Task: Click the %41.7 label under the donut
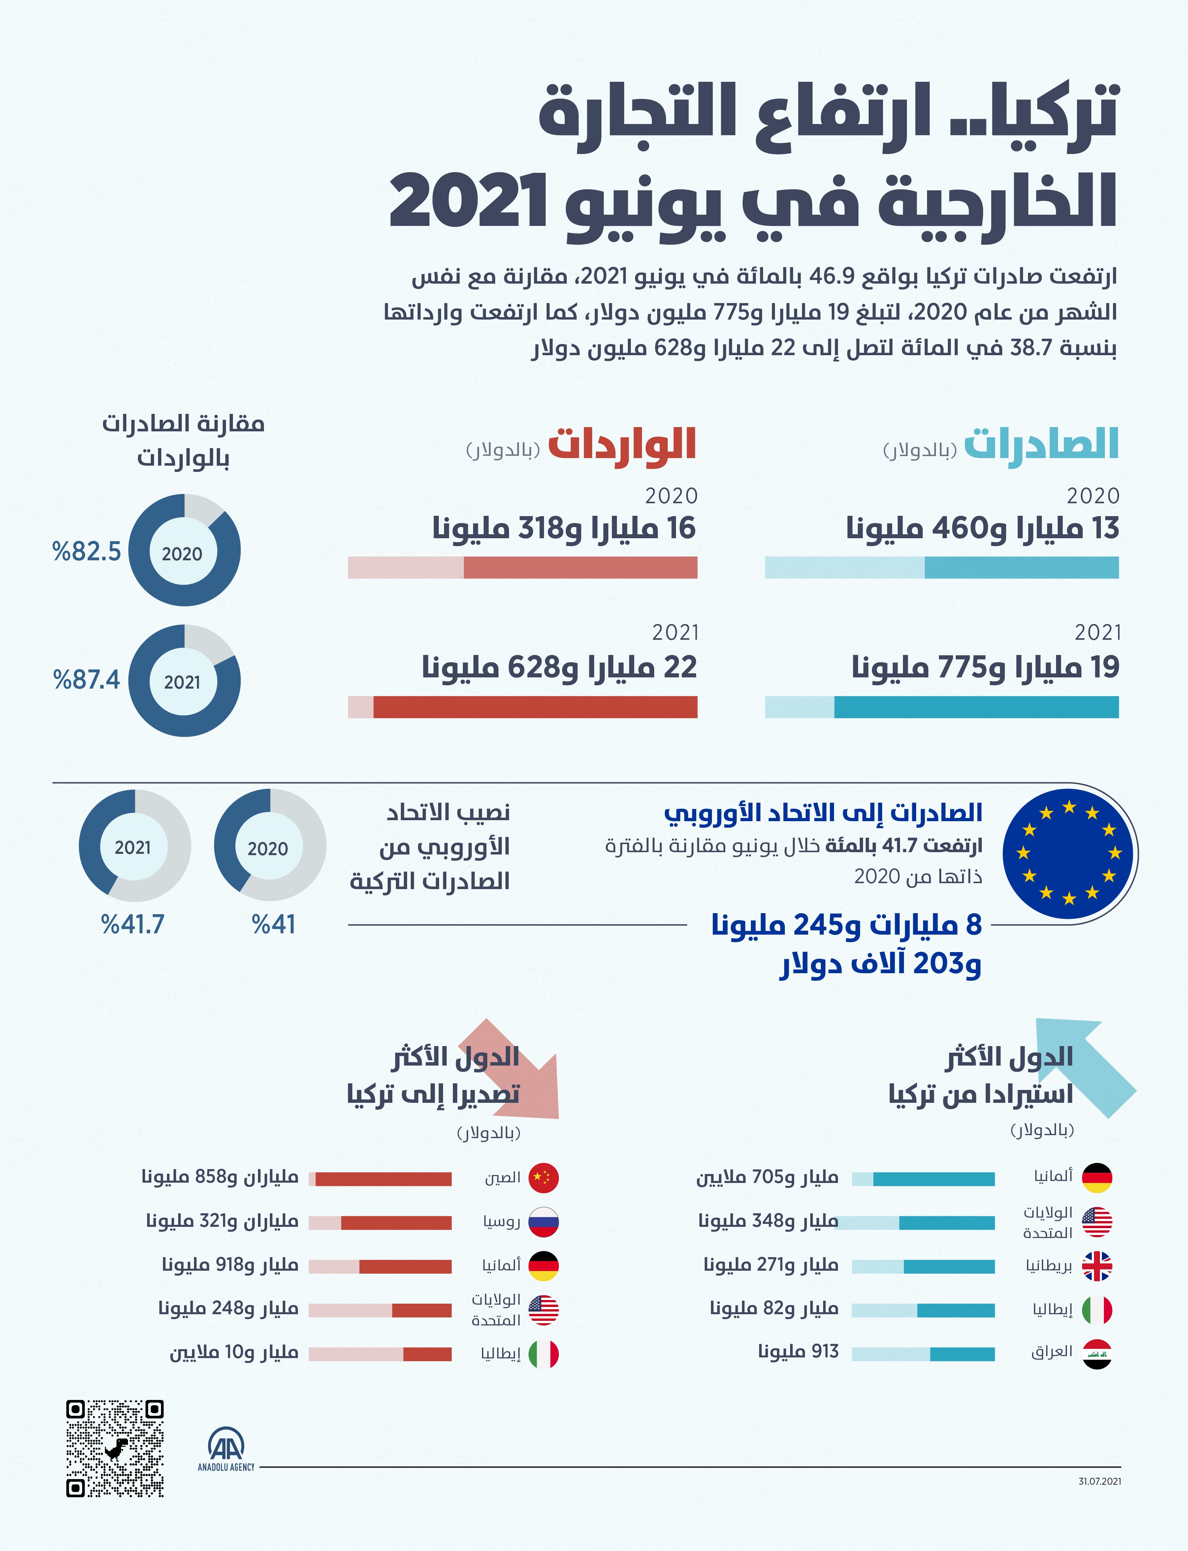point(133,924)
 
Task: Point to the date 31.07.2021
point(1100,1481)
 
